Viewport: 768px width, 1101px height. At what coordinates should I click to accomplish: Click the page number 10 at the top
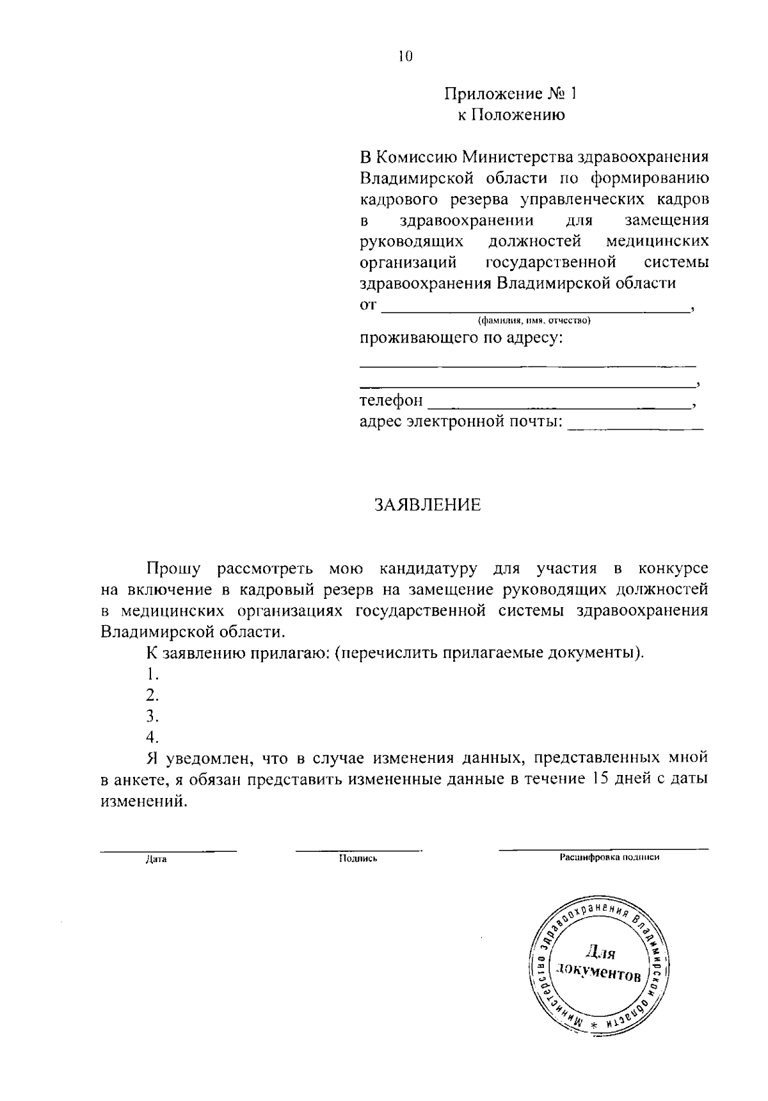(405, 56)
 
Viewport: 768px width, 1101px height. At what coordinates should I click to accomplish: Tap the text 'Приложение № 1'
(511, 95)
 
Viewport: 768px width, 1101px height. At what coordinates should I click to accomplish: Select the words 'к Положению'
(511, 116)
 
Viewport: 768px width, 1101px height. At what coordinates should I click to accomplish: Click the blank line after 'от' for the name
(535, 306)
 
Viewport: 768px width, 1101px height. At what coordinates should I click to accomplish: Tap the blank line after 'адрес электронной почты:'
(635, 423)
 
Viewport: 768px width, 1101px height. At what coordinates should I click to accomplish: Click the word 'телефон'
(391, 401)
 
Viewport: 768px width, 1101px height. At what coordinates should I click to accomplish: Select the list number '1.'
(152, 674)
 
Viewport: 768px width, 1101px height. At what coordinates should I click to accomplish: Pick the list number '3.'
(152, 716)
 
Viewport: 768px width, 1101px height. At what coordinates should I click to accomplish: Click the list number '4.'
(152, 737)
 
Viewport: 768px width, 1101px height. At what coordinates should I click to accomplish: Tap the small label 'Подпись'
(358, 860)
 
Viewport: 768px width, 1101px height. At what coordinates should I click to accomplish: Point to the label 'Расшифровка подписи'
(609, 858)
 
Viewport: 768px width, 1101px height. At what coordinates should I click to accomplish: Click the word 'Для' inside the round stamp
(600, 953)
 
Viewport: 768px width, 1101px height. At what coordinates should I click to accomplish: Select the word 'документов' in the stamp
(598, 973)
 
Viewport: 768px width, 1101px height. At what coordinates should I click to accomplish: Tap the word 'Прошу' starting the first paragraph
(174, 568)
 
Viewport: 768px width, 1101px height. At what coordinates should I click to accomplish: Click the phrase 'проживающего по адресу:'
(461, 338)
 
